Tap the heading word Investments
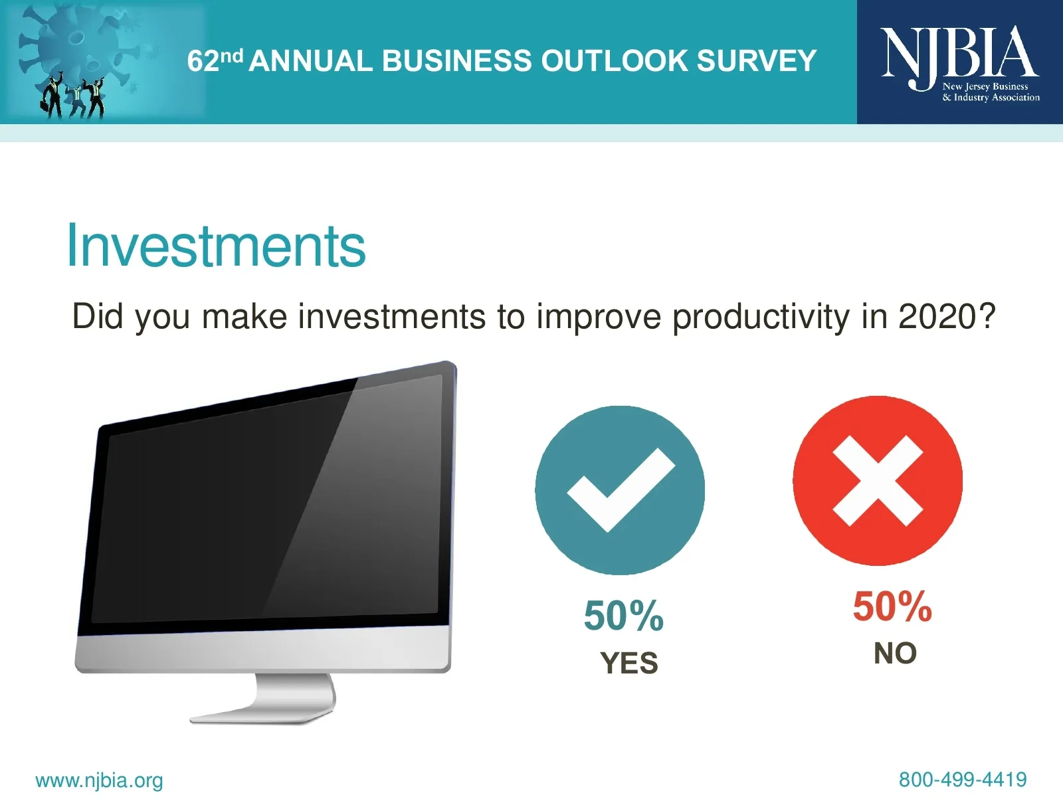[216, 245]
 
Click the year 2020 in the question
[946, 316]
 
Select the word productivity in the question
[761, 317]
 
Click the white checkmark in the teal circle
[621, 489]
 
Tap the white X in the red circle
[878, 480]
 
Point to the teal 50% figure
[623, 616]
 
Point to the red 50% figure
[892, 606]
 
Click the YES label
[629, 662]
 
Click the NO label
[895, 653]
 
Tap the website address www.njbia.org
[99, 780]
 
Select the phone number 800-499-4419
[963, 780]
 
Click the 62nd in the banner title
[215, 60]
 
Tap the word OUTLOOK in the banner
[614, 61]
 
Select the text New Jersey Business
[985, 86]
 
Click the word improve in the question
[599, 317]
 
